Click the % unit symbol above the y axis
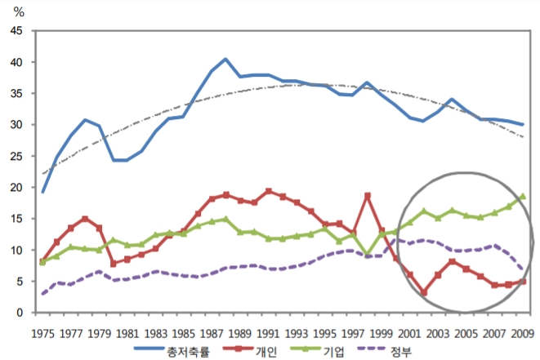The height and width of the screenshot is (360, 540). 20,11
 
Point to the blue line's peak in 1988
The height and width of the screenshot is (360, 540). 225,60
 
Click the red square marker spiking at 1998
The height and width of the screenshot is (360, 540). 367,196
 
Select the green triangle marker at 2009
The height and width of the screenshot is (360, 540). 521,197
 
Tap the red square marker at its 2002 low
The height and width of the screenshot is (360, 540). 423,292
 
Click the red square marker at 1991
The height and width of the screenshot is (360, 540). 268,191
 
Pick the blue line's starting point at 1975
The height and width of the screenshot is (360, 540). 42,192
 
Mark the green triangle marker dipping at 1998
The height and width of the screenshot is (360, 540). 367,256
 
